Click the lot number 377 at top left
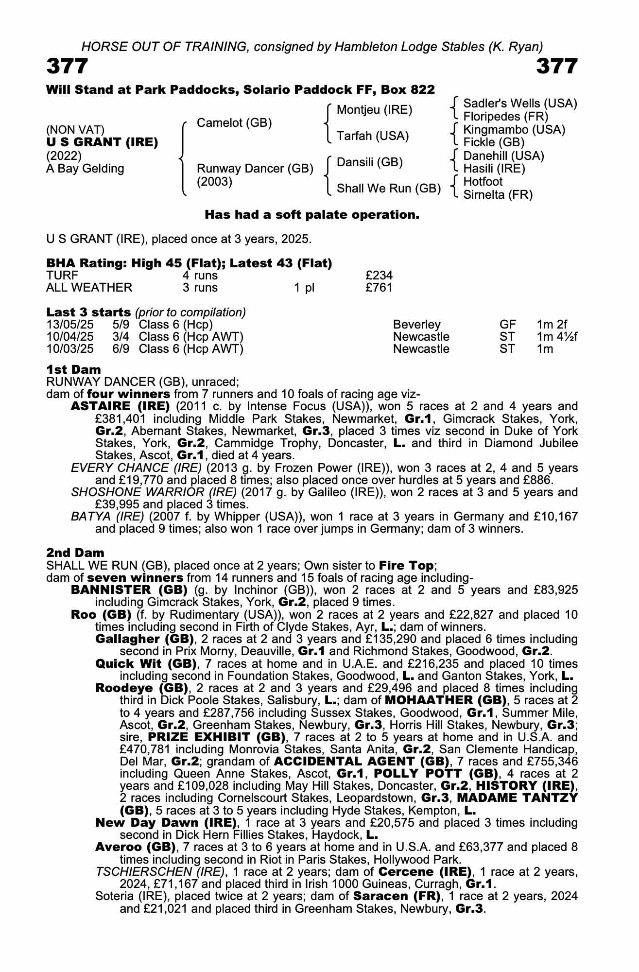pyautogui.click(x=67, y=66)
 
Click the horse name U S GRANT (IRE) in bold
pyautogui.click(x=102, y=142)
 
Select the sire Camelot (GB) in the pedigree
pyautogui.click(x=234, y=123)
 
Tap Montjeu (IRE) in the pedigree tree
pyautogui.click(x=374, y=110)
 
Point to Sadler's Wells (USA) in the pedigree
pyautogui.click(x=520, y=103)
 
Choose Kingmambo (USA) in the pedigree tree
pyautogui.click(x=514, y=129)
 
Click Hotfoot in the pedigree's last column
pyautogui.click(x=483, y=182)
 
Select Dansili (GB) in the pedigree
pyautogui.click(x=369, y=162)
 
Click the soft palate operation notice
pyautogui.click(x=311, y=214)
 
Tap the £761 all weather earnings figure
pyautogui.click(x=379, y=288)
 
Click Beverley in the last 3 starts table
pyautogui.click(x=416, y=324)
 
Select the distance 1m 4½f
pyautogui.click(x=557, y=336)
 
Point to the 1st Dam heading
pyautogui.click(x=73, y=370)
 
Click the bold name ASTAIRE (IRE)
pyautogui.click(x=120, y=406)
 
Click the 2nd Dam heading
pyautogui.click(x=75, y=553)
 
